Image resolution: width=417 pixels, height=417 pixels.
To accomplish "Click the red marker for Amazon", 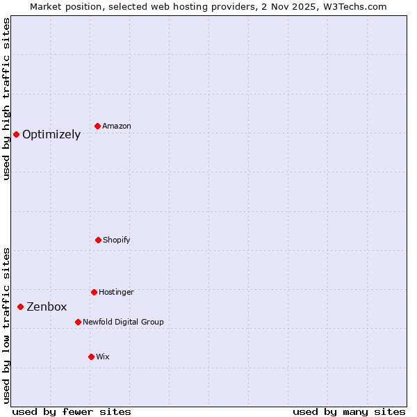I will point(98,126).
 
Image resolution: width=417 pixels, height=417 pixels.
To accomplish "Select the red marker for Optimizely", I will point(16,134).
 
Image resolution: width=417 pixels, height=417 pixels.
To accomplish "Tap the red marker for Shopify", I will point(98,240).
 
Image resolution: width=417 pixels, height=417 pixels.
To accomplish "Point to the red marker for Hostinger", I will point(94,292).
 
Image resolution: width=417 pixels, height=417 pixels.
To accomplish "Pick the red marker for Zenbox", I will point(20,306).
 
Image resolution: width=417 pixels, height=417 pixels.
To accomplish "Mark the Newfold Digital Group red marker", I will point(78,322).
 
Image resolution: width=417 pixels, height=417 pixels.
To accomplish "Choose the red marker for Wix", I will point(91,357).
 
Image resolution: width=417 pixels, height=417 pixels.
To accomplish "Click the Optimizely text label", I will point(51,135).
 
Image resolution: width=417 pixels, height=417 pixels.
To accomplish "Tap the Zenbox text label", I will point(47,307).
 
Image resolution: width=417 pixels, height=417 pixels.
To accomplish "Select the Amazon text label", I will point(117,126).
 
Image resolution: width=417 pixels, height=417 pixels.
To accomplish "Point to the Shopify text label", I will point(117,240).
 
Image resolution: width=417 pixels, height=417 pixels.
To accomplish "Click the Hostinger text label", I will point(116,293).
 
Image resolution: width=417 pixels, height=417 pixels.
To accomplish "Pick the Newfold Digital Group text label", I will point(123,322).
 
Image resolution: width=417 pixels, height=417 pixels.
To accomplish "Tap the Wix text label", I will point(103,357).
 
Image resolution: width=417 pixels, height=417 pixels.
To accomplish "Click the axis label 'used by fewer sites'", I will point(72,412).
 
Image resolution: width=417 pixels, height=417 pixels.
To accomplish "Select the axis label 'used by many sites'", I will point(349,412).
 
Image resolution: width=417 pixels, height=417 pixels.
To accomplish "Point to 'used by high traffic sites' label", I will point(7,99).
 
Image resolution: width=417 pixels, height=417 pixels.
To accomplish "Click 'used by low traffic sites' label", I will point(7,325).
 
